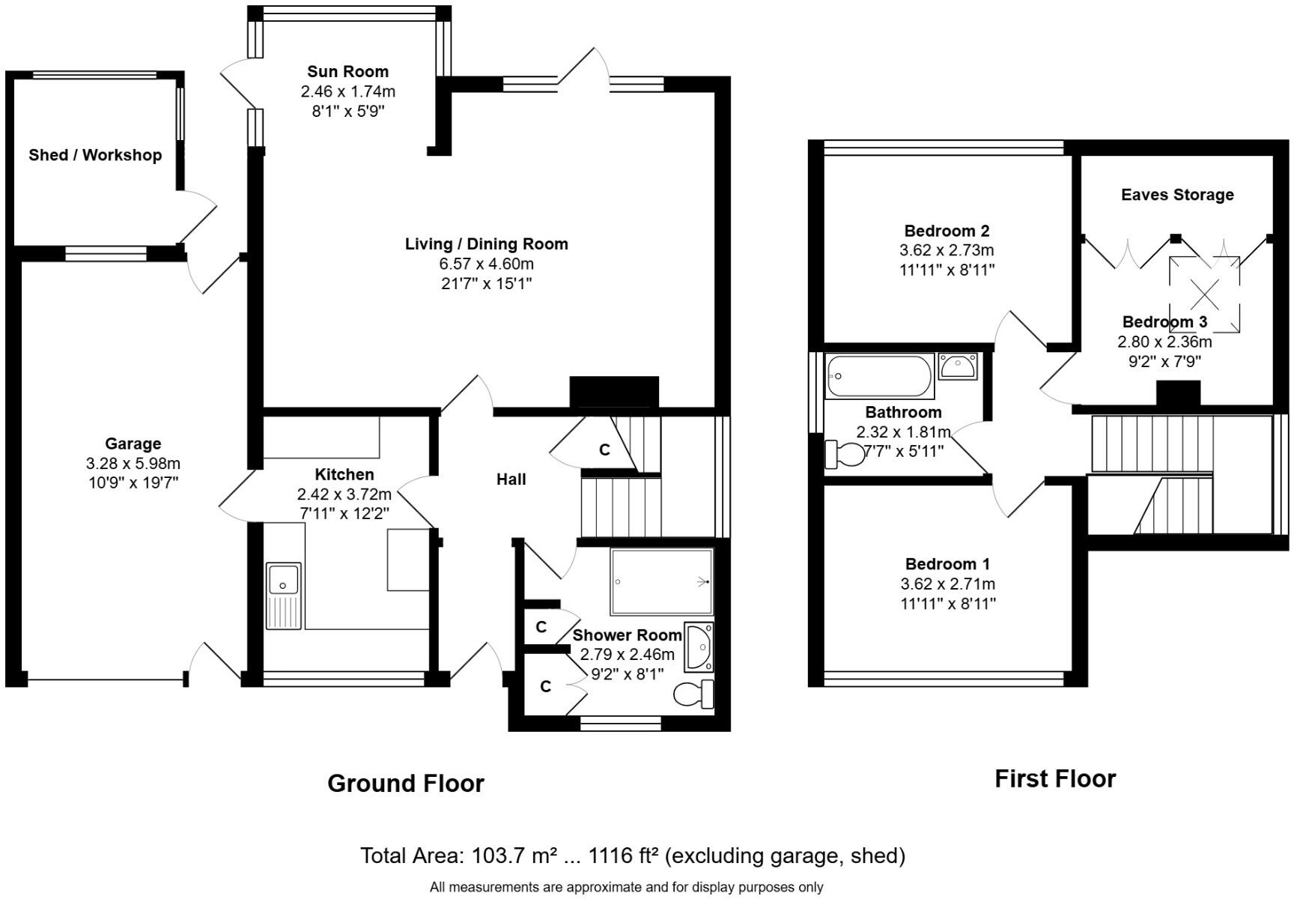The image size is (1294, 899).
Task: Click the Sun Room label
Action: pyautogui.click(x=347, y=72)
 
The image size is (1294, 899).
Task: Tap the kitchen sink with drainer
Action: pyautogui.click(x=284, y=595)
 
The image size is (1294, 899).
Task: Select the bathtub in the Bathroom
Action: pyautogui.click(x=879, y=376)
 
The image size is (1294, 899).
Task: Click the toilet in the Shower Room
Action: pyautogui.click(x=693, y=694)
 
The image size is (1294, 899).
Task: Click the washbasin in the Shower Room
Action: pyautogui.click(x=699, y=645)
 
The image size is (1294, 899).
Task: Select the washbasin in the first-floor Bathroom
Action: pyautogui.click(x=957, y=367)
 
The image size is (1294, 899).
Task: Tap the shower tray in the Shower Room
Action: pyautogui.click(x=661, y=581)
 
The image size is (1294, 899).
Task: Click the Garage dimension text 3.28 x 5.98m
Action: pyautogui.click(x=133, y=464)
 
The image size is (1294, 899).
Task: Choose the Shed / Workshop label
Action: pyautogui.click(x=95, y=155)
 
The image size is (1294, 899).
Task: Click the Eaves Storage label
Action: pyautogui.click(x=1177, y=195)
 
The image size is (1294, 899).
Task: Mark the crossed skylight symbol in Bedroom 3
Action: pyautogui.click(x=1205, y=294)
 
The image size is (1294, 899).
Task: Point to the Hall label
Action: pyautogui.click(x=511, y=479)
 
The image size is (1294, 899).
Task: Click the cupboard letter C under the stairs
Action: pyautogui.click(x=604, y=450)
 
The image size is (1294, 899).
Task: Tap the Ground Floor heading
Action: pyautogui.click(x=406, y=784)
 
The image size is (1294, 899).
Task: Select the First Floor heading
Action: pyautogui.click(x=1055, y=779)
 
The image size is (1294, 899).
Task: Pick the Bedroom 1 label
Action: pyautogui.click(x=947, y=564)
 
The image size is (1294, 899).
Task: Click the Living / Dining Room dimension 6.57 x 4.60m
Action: pyautogui.click(x=486, y=264)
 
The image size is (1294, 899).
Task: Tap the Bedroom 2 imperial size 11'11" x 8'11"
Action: pyautogui.click(x=947, y=270)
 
